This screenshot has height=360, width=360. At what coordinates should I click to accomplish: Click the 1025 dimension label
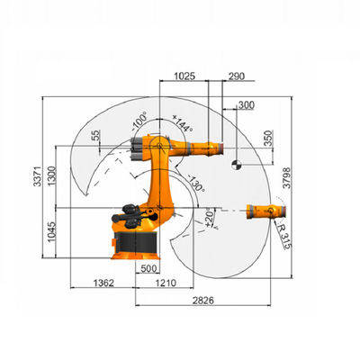click(184, 76)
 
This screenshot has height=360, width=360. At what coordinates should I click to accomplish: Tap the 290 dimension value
click(237, 76)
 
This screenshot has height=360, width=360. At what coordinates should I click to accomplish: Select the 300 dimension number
click(246, 105)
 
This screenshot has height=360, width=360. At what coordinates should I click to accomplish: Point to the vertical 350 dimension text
click(269, 138)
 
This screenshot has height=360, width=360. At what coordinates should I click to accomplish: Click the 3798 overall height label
click(287, 178)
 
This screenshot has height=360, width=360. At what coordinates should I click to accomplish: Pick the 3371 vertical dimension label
click(38, 176)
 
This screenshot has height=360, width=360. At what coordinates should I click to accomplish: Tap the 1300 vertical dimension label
click(52, 176)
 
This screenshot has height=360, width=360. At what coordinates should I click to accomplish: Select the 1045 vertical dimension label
click(52, 232)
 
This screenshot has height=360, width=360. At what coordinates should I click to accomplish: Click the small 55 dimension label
click(97, 136)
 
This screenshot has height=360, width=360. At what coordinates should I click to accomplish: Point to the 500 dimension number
click(148, 268)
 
